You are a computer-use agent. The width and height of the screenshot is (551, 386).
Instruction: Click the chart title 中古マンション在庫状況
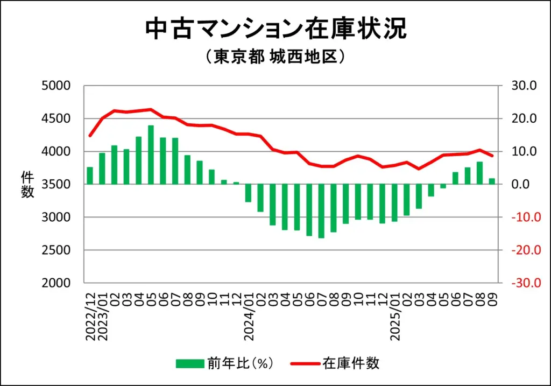click(275, 29)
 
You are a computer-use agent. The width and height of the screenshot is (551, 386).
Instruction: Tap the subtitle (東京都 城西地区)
click(275, 57)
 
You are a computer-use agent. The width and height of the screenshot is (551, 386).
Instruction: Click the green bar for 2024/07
click(321, 210)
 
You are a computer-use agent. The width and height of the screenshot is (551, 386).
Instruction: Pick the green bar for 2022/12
click(90, 176)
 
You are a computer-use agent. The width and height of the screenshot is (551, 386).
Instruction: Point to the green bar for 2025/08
click(479, 173)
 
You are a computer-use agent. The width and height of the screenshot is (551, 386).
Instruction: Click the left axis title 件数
click(27, 184)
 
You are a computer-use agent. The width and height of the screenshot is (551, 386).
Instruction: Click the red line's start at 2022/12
click(90, 136)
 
